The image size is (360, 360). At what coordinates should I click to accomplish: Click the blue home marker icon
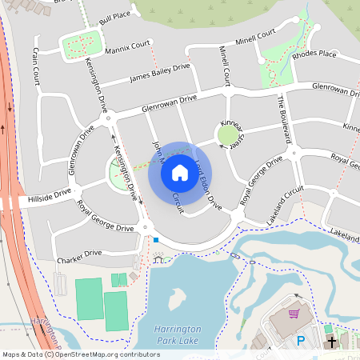(179, 172)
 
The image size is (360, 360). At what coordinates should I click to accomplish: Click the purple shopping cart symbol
(294, 314)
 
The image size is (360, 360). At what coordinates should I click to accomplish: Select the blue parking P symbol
(301, 340)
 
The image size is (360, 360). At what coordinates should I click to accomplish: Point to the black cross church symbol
(331, 342)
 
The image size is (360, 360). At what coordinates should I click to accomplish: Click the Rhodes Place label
(314, 54)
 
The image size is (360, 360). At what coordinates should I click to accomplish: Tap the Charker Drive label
(79, 254)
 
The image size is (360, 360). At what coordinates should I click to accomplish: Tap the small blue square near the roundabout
(157, 240)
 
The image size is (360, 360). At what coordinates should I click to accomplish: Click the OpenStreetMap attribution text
(81, 354)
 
